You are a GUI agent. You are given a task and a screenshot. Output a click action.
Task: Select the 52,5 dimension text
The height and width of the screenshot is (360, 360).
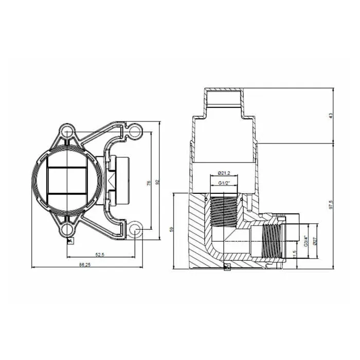pos(100,254)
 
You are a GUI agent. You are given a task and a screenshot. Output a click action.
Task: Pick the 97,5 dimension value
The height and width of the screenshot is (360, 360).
pos(331,205)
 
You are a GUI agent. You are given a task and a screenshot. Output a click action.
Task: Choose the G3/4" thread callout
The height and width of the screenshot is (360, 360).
pos(305,240)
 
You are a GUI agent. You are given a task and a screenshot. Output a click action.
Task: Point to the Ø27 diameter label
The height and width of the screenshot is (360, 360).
pos(314,240)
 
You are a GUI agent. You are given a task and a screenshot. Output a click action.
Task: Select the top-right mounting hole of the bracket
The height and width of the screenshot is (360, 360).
pos(135,132)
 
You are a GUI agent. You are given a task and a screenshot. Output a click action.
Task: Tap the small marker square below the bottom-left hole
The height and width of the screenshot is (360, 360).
pos(73,240)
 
